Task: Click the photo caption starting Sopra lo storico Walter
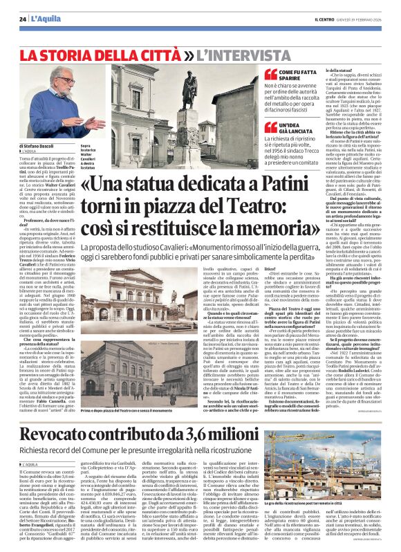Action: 88,156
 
